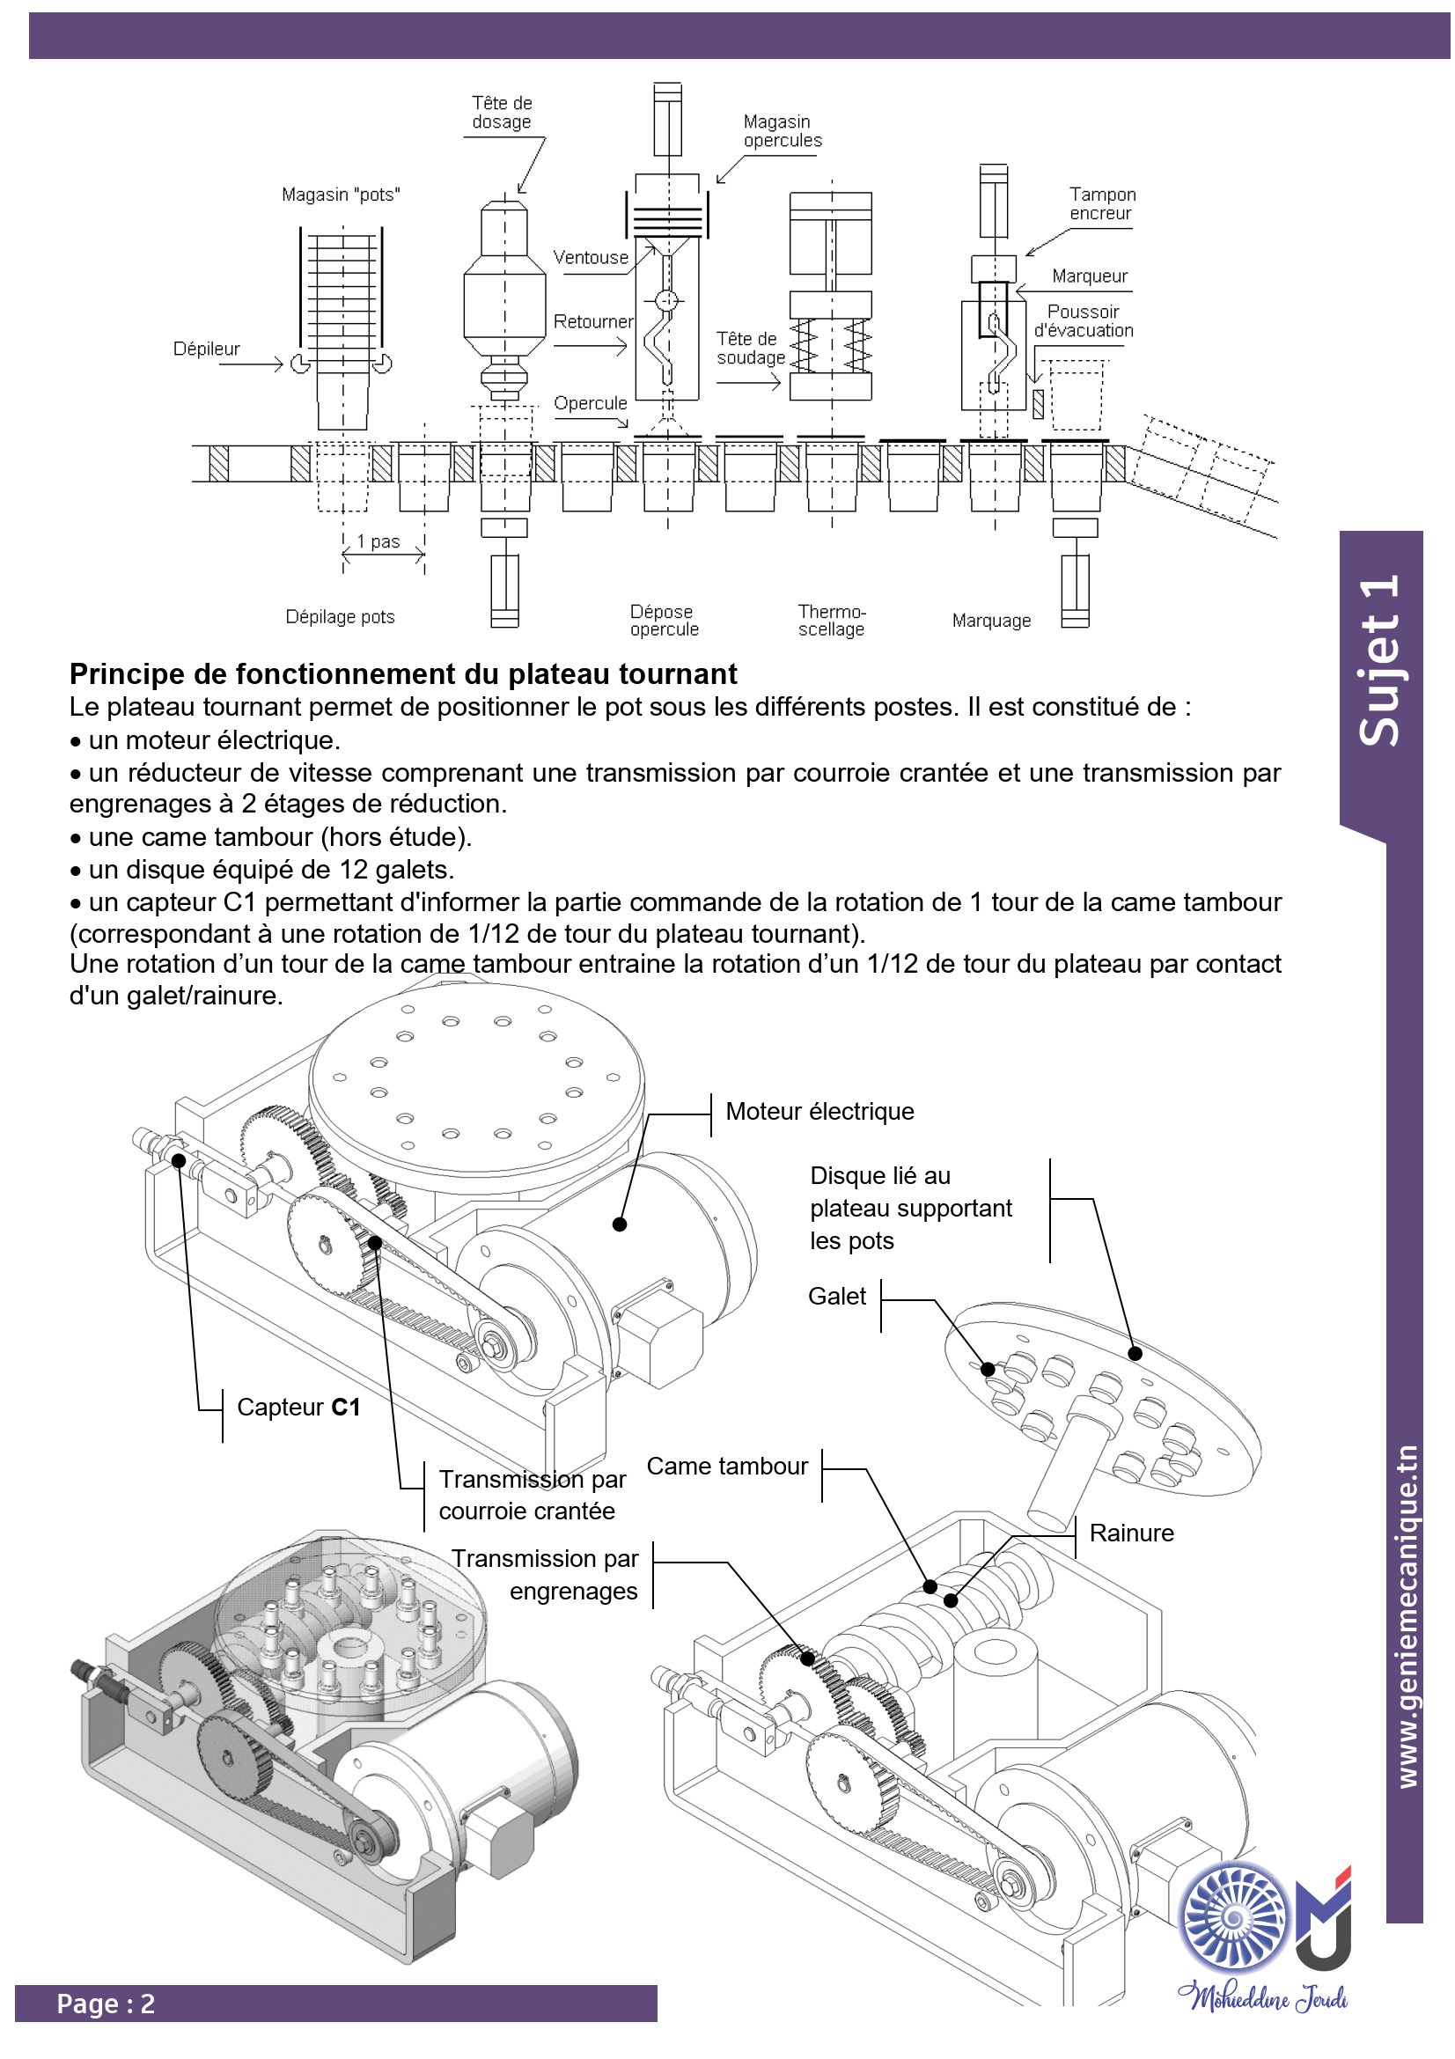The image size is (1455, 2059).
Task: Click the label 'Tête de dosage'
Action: click(x=502, y=113)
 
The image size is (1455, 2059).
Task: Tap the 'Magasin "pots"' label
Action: click(x=341, y=195)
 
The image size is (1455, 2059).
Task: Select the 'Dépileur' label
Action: click(x=206, y=349)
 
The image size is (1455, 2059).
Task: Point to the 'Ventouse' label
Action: click(x=591, y=257)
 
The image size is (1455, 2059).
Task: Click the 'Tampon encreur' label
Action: click(x=1102, y=203)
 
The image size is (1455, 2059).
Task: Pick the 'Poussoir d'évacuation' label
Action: click(x=1084, y=321)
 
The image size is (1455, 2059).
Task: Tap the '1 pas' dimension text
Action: click(x=378, y=541)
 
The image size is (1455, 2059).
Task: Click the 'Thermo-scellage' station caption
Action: click(x=832, y=621)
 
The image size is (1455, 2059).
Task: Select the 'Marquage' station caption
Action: click(x=991, y=621)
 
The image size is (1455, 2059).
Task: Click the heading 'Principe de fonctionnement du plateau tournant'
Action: click(x=403, y=673)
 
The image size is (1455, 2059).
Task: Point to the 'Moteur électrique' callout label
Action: click(x=819, y=1111)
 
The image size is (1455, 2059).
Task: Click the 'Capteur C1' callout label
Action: click(x=298, y=1407)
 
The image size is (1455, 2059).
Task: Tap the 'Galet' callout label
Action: click(x=836, y=1296)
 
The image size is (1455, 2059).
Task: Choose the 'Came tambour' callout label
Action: click(x=727, y=1467)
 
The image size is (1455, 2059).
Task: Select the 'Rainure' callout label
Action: click(x=1131, y=1533)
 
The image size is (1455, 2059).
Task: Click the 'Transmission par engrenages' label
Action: click(x=545, y=1575)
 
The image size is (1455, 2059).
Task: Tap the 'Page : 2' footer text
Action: click(x=106, y=2004)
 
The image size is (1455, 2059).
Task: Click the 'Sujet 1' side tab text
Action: click(x=1378, y=660)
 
